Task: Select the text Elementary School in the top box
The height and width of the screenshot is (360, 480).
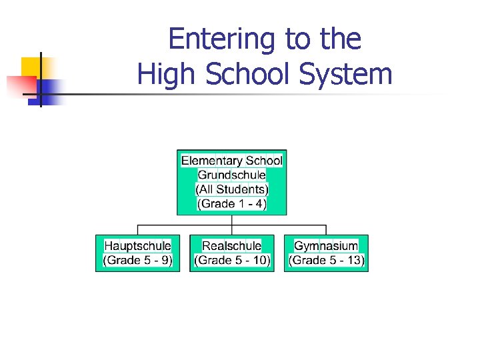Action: (x=231, y=161)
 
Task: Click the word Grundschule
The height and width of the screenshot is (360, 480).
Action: (x=231, y=175)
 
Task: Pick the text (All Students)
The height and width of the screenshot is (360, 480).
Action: (x=231, y=189)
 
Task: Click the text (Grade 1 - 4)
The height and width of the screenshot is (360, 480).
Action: (x=231, y=204)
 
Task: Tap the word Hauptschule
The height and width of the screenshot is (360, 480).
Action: (x=137, y=246)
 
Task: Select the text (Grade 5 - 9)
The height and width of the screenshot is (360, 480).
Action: (x=137, y=260)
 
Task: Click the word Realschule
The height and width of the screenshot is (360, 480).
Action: (x=231, y=246)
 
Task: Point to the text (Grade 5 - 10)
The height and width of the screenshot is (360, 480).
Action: (x=231, y=260)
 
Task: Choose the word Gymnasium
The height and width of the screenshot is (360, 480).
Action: (x=326, y=246)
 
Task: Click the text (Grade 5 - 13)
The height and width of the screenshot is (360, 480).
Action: (x=326, y=260)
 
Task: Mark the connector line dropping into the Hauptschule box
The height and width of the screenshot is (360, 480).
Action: (x=137, y=229)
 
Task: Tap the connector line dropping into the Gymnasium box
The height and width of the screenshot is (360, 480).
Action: (x=326, y=229)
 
